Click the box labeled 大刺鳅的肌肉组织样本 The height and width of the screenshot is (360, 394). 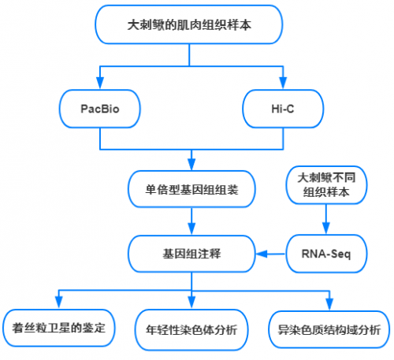tap(188, 24)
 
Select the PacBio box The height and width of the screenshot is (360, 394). tap(100, 109)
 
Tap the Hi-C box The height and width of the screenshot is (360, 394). tap(283, 109)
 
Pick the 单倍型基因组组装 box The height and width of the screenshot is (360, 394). tap(191, 189)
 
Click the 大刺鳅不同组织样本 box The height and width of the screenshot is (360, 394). tap(326, 185)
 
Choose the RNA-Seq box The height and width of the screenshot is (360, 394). tap(326, 254)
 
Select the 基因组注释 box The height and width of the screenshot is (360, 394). tap(191, 254)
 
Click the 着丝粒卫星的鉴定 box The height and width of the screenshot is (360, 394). tap(59, 328)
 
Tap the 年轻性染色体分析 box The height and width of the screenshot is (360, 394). tap(191, 330)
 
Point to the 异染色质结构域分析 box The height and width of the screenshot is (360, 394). tap(329, 330)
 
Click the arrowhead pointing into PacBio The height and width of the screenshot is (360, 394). tap(100, 83)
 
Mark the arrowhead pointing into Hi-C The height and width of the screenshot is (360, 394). tap(283, 83)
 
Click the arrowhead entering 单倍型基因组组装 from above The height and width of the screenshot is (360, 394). tap(191, 165)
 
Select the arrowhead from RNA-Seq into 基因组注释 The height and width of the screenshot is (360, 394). tap(262, 254)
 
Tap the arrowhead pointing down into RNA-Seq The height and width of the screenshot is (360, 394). tap(326, 228)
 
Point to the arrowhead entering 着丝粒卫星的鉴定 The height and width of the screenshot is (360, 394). tap(59, 302)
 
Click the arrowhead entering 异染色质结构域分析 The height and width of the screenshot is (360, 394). tap(329, 304)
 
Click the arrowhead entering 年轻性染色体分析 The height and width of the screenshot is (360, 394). tap(191, 302)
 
